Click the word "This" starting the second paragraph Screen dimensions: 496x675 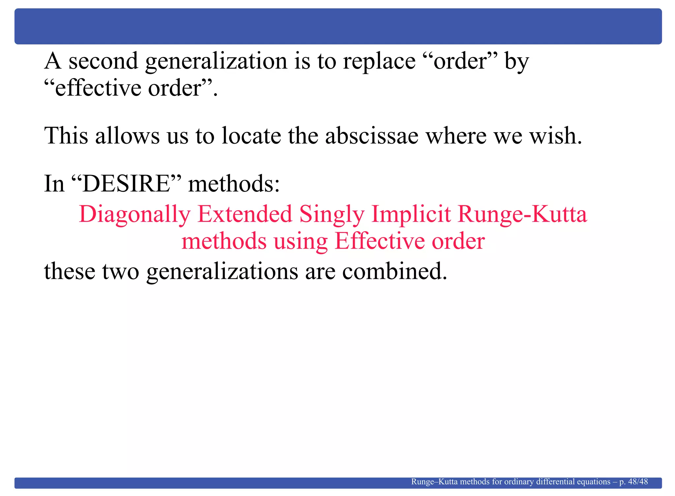click(66, 135)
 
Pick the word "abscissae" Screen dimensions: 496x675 click(372, 135)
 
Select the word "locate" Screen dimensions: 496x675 click(251, 135)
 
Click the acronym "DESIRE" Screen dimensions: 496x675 click(126, 184)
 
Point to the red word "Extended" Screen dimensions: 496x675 click(245, 214)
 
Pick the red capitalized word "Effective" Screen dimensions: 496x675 click(379, 241)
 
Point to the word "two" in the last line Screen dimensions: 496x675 click(121, 271)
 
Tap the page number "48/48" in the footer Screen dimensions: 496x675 click(638, 482)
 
